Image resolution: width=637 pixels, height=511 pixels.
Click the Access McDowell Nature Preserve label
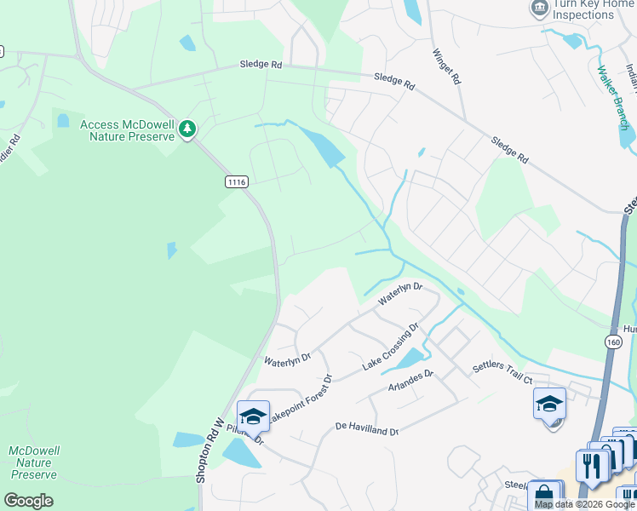pos(127,130)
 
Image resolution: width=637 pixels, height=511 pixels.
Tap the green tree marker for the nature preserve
pos(187,130)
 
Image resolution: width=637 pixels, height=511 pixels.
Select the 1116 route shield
pos(238,181)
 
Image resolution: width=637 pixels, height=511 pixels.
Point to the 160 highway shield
pos(613,341)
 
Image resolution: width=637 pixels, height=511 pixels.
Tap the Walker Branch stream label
pos(614,95)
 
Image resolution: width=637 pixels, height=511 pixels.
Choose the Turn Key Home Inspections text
pos(594,9)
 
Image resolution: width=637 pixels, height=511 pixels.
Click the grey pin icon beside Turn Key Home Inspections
pos(538,9)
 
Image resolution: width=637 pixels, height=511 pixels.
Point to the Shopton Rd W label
pos(209,451)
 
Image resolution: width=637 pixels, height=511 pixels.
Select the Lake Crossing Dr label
pos(391,346)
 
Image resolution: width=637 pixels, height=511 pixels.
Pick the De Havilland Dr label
pos(367,428)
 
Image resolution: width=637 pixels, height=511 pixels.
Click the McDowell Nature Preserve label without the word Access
pos(33,462)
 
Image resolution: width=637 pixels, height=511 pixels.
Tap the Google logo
pos(28,501)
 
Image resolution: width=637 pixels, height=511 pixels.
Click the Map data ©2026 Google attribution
pos(585,504)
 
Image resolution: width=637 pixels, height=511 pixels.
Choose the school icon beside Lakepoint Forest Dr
pos(253,416)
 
